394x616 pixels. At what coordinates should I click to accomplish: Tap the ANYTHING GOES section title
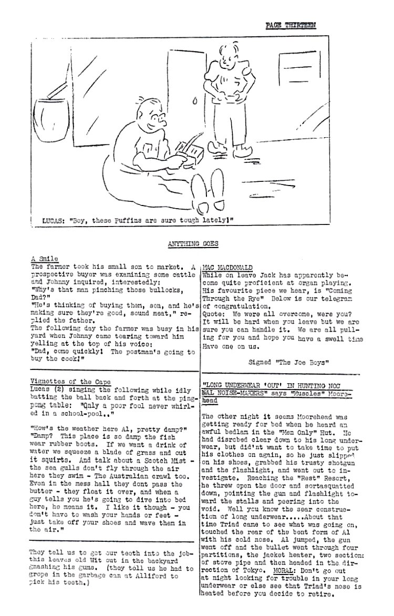(x=193, y=243)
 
